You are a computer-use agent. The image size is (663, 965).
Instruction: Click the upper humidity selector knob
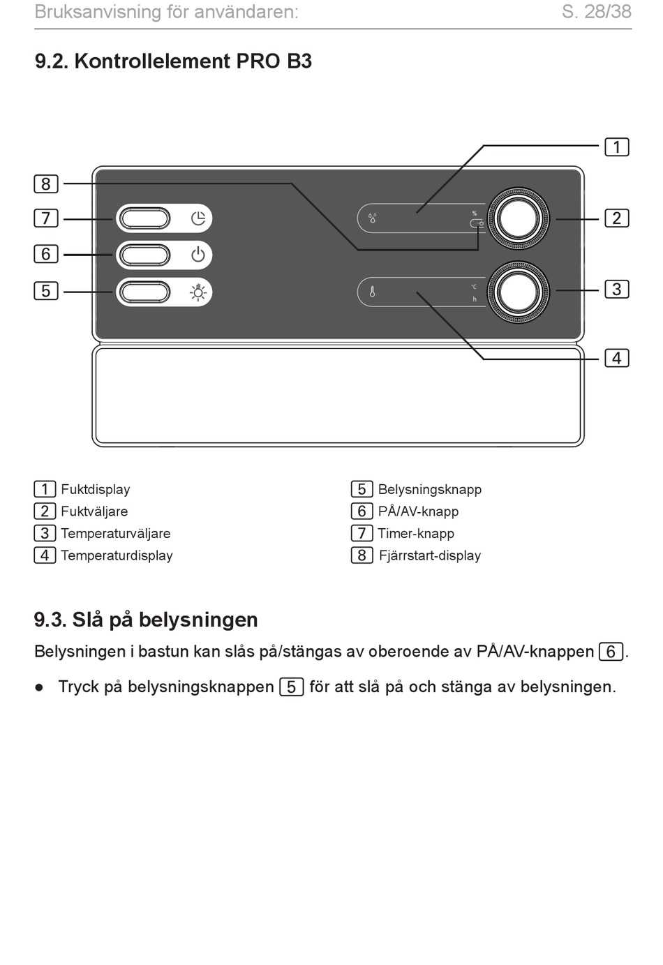coord(518,218)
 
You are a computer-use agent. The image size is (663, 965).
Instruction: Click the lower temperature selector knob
coord(518,292)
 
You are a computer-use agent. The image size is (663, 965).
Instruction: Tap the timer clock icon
coord(198,218)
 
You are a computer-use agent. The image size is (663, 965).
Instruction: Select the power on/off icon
coord(198,255)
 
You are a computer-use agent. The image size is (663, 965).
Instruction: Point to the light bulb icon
coord(198,292)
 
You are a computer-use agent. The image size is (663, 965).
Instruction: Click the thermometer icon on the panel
coord(373,292)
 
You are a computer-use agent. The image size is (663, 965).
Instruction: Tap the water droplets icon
coord(373,218)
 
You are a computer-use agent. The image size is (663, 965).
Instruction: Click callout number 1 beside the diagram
coord(617,147)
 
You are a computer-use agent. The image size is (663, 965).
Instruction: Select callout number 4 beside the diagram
coord(617,358)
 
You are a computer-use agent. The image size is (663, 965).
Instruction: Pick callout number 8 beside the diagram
coord(45,184)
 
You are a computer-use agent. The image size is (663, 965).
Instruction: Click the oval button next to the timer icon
coord(144,218)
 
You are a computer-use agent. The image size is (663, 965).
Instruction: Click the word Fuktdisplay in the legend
coord(95,489)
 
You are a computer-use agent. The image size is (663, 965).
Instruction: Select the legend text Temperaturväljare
coord(115,533)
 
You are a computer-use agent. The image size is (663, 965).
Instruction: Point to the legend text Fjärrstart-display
coord(430,555)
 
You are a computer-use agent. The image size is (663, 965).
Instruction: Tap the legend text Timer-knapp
coord(416,533)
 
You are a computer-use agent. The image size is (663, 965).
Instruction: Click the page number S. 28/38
coord(597,12)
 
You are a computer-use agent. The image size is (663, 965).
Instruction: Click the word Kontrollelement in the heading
coord(153,61)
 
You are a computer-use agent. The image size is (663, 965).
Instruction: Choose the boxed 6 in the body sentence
coord(611,652)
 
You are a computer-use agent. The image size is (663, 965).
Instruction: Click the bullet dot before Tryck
coord(40,687)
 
